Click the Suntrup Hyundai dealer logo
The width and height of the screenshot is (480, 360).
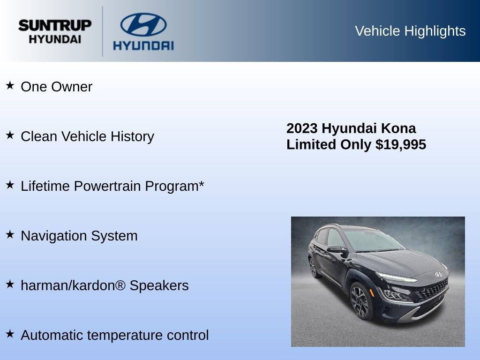pos(55,31)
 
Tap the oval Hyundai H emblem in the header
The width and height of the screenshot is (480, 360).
pos(143,24)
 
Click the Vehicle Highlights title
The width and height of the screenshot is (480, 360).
pos(410,31)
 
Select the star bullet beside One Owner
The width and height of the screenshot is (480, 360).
pos(10,86)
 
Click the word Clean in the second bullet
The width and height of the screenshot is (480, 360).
pos(39,136)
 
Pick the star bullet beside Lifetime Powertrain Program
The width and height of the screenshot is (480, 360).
pos(10,185)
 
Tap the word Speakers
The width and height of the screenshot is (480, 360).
pos(159,286)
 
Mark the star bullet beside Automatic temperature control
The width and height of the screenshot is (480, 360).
pos(10,334)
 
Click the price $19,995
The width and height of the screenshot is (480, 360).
pos(401,144)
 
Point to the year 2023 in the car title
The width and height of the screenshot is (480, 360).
pos(302,128)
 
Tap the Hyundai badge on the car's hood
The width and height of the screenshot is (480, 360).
pos(438,274)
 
